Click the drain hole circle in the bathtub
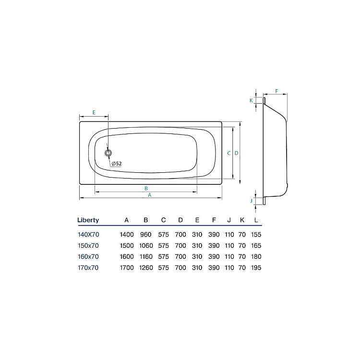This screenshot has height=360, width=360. point(108,153)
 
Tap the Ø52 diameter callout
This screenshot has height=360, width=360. point(117,164)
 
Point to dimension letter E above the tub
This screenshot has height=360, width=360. point(94,112)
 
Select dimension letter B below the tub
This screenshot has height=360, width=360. point(146,189)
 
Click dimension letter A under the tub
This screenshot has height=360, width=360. point(150,195)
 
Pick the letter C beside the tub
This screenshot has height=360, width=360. point(228,154)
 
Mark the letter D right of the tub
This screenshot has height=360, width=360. point(237,153)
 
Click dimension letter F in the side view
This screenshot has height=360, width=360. point(276,91)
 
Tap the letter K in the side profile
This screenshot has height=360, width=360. point(251,100)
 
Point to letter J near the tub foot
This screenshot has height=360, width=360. point(251,201)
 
